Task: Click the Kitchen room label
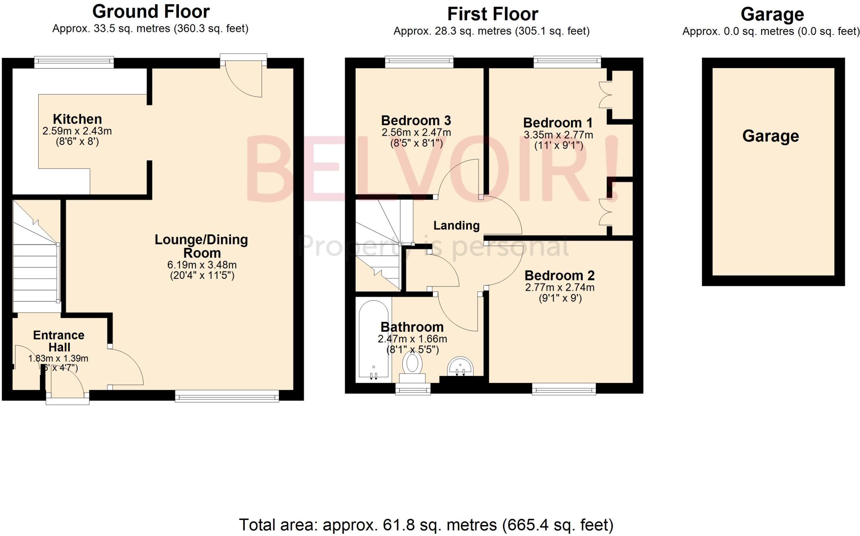[x=77, y=119]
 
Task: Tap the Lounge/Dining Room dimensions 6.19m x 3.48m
[x=202, y=265]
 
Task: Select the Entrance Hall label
[x=59, y=341]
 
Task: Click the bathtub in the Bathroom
[x=373, y=340]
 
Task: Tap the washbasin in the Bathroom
[x=461, y=367]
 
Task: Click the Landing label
[x=456, y=226]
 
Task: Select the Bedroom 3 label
[x=416, y=121]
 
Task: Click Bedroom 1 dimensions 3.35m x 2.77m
[x=558, y=135]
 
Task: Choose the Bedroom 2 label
[x=559, y=276]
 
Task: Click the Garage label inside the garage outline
[x=771, y=136]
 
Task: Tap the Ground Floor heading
[x=151, y=12]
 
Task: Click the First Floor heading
[x=493, y=14]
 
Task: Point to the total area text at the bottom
[x=426, y=525]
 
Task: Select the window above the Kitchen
[x=74, y=62]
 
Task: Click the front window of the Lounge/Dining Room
[x=227, y=396]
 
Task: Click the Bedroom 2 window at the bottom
[x=564, y=389]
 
